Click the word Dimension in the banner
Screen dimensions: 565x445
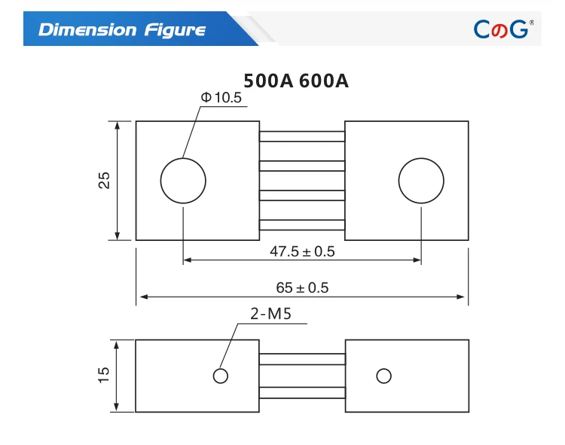tap(87, 29)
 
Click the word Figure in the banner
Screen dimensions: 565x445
tap(175, 30)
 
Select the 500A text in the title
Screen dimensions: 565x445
tap(268, 81)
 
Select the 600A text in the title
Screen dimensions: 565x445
tap(324, 81)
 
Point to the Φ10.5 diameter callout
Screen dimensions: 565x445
tap(221, 98)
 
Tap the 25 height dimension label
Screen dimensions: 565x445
tap(104, 180)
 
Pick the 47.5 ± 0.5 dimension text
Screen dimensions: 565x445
tap(302, 251)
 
